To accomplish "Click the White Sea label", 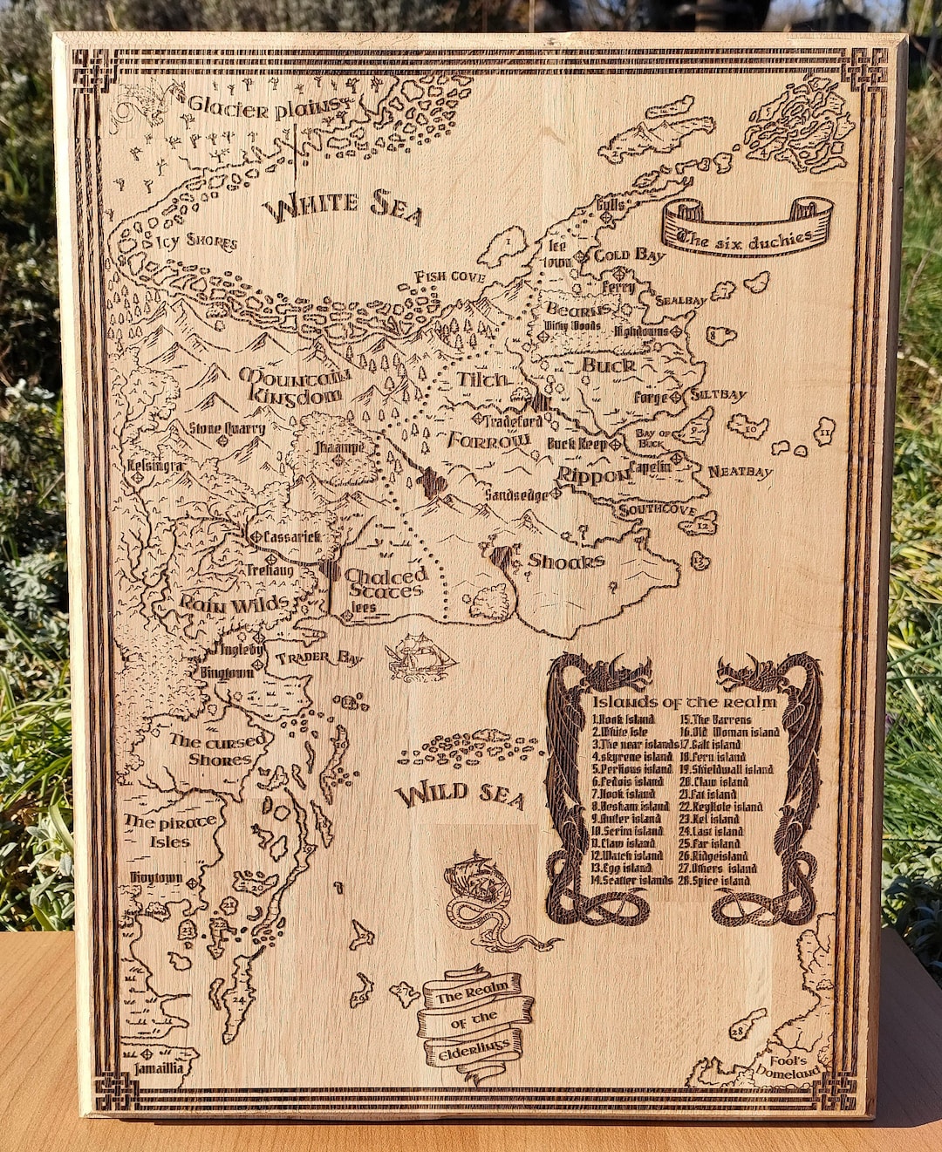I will pyautogui.click(x=344, y=207).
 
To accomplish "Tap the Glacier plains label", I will pyautogui.click(x=264, y=108).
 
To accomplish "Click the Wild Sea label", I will pyautogui.click(x=460, y=794).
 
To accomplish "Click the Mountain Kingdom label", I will pyautogui.click(x=295, y=385).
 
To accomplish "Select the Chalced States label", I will pyautogui.click(x=386, y=583).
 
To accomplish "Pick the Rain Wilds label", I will pyautogui.click(x=234, y=603).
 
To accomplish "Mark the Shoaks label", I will pyautogui.click(x=566, y=561).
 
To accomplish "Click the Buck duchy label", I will pyautogui.click(x=608, y=365).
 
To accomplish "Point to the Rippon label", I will pyautogui.click(x=593, y=475).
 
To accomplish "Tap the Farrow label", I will pyautogui.click(x=488, y=440).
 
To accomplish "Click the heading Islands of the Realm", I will pyautogui.click(x=684, y=701).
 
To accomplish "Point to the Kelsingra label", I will pyautogui.click(x=154, y=466).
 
